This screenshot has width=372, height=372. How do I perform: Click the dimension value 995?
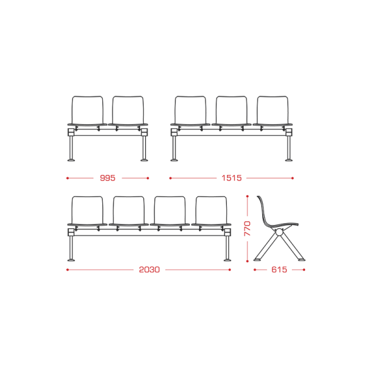[x=107, y=178]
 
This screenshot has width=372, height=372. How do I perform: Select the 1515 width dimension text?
[x=231, y=178]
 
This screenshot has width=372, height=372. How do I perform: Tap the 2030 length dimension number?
[x=149, y=270]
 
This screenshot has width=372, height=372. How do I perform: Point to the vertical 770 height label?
[x=247, y=228]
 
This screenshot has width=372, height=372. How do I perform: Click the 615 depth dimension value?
[x=279, y=270]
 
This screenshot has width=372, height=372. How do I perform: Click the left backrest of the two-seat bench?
[x=87, y=110]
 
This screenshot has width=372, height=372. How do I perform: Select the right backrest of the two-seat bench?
[x=128, y=110]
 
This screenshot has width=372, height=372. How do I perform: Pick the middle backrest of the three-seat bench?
[x=231, y=110]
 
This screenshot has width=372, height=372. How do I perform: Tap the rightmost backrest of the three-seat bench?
[x=273, y=110]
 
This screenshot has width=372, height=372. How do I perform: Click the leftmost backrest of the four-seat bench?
[x=87, y=210]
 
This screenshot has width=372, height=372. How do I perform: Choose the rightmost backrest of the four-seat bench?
[x=211, y=210]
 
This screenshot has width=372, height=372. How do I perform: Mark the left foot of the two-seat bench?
[x=71, y=160]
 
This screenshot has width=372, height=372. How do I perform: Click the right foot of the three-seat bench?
[x=289, y=160]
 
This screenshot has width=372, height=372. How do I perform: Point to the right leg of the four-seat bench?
[x=228, y=247]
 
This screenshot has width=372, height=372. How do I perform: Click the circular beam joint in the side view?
[x=280, y=232]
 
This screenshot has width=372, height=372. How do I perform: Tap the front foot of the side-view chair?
[x=301, y=260]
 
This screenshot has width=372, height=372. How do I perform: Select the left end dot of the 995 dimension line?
[x=68, y=178]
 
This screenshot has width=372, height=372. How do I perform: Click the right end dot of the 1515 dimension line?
[x=293, y=178]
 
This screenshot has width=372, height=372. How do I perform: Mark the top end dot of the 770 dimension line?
[x=247, y=197]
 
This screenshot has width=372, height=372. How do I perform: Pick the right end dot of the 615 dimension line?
[x=304, y=270]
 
